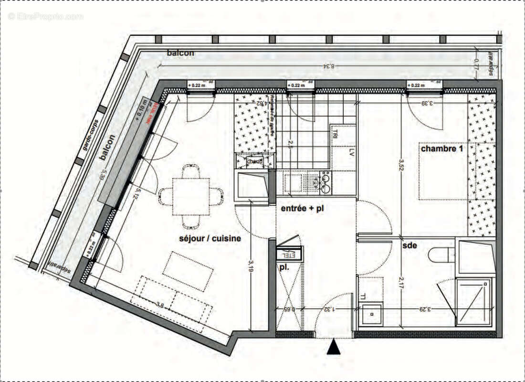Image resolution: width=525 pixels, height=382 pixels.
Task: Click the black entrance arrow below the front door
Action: point(334,348)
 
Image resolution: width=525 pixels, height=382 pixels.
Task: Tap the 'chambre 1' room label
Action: point(441,149)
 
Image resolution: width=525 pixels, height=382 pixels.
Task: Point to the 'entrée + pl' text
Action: point(302,209)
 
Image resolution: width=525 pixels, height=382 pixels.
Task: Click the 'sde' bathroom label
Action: point(409,245)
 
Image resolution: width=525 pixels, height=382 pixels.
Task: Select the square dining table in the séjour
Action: point(191,196)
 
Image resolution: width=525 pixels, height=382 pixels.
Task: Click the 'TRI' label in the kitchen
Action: point(336,133)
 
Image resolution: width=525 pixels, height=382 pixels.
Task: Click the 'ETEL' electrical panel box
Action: point(290,254)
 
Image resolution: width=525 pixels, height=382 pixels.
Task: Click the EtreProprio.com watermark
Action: point(45,16)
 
